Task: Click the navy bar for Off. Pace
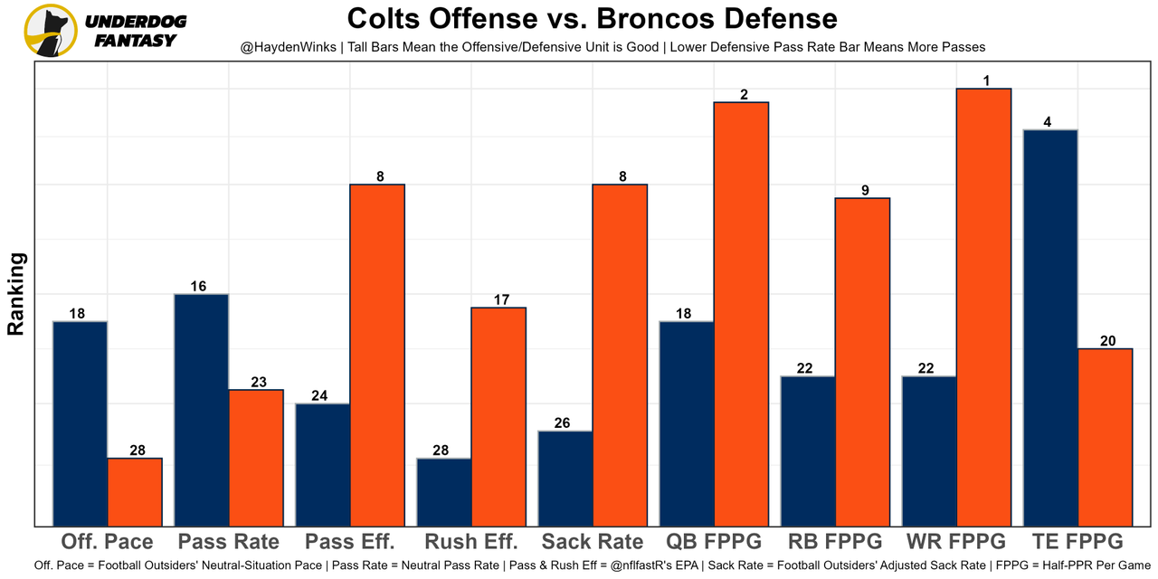point(81,423)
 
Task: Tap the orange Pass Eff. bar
point(377,355)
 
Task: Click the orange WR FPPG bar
point(984,307)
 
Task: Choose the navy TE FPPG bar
point(1050,327)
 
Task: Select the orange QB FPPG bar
point(742,314)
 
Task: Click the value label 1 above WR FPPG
point(986,81)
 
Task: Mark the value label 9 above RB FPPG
point(865,190)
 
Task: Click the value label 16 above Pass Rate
point(198,286)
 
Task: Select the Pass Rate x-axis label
point(229,542)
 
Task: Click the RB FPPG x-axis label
point(835,542)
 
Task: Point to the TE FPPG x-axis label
point(1077,542)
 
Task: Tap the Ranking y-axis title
point(16,294)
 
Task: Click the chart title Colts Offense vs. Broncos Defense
point(593,18)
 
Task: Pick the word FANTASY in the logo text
point(136,41)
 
